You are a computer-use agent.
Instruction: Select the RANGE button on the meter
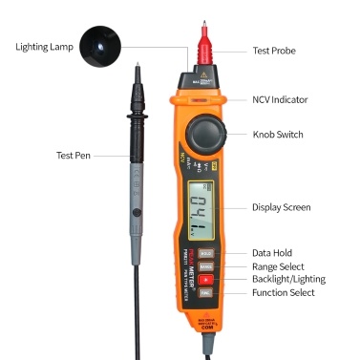tap(205, 267)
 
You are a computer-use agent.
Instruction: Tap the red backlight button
tap(205, 281)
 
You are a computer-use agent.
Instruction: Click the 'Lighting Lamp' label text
tap(45, 45)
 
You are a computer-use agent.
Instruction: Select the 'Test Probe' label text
tap(275, 53)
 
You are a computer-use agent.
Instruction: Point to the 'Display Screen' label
tap(281, 207)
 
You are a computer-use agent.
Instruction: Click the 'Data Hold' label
tap(273, 251)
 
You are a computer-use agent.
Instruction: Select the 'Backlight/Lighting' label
tap(288, 279)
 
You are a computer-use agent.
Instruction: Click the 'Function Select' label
tap(283, 293)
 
